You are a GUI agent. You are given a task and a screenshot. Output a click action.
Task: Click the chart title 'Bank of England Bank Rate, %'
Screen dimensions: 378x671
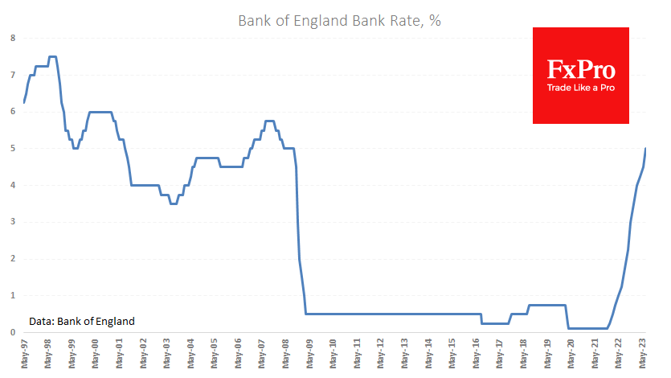pos(339,21)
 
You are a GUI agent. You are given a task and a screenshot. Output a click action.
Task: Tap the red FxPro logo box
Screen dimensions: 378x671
pos(581,76)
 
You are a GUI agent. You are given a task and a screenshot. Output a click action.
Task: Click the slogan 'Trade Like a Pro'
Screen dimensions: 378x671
pos(581,88)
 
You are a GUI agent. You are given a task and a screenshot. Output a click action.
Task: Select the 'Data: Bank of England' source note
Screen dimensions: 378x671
pos(82,321)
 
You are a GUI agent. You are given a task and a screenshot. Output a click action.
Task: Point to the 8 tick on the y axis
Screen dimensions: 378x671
pos(12,38)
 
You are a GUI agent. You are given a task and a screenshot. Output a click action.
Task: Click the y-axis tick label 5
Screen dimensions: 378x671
pos(12,149)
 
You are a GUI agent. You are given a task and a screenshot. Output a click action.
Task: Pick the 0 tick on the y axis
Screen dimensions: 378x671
pos(12,332)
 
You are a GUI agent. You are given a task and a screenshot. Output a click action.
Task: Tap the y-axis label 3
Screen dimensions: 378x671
pos(12,222)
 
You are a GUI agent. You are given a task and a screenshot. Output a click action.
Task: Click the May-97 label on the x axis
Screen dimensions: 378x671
pos(24,354)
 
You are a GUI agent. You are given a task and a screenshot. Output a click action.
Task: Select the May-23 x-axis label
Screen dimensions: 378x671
pos(645,354)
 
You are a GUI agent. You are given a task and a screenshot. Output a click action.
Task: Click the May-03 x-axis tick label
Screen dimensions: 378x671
pos(167,354)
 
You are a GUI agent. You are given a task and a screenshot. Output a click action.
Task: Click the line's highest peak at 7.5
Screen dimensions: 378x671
pos(52,56)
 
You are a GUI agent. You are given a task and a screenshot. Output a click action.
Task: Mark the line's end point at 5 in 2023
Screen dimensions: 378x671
pos(646,149)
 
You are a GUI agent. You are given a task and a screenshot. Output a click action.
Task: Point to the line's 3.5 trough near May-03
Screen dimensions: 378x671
pos(173,203)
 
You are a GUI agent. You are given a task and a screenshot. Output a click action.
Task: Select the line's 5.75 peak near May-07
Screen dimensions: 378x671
pos(269,121)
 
